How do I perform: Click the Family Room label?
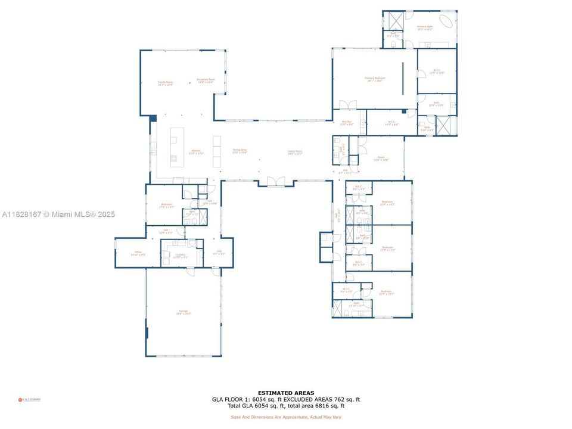point(165,83)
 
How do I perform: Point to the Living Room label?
point(295,152)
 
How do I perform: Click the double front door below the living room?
point(275,181)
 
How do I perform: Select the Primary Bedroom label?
point(375,79)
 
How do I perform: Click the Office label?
point(138,254)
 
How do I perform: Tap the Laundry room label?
point(180,256)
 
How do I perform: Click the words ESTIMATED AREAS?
point(286,393)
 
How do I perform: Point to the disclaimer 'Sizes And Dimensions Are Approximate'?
point(286,416)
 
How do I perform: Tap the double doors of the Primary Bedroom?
point(348,105)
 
